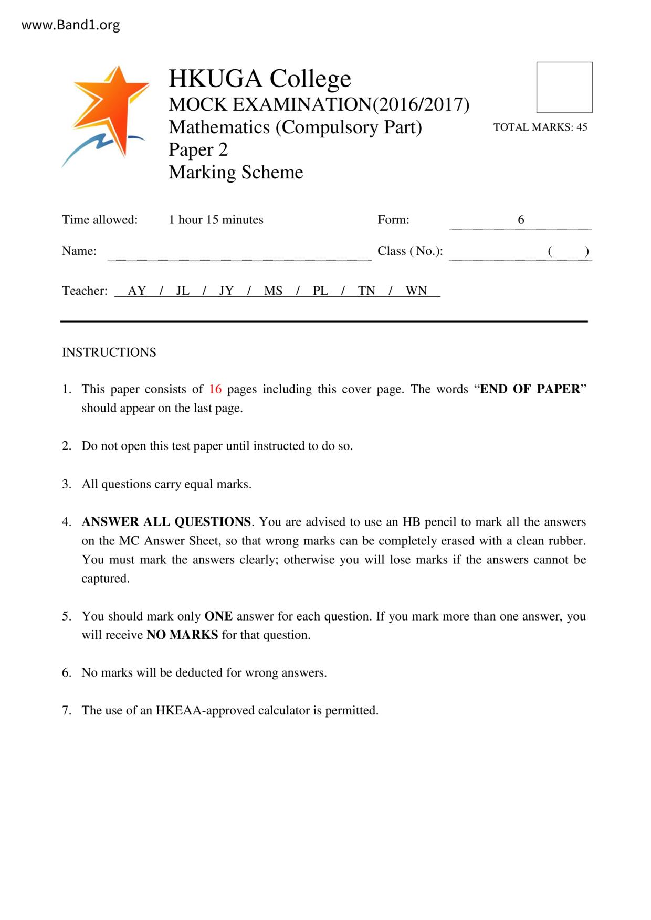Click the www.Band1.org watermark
coord(70,25)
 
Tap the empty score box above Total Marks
coord(564,88)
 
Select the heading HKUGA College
coord(259,79)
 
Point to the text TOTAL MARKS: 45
coord(540,127)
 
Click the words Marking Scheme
coord(236,172)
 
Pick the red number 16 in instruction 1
coord(215,389)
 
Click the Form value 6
coord(521,220)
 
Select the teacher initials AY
coord(137,291)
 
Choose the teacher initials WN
coord(416,291)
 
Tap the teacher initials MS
coord(273,291)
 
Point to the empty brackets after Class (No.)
coord(568,251)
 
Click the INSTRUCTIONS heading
coord(109,352)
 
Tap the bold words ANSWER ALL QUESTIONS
coord(166,522)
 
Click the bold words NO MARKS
coord(182,635)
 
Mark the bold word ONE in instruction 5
coord(218,616)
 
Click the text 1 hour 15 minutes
coord(216,220)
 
